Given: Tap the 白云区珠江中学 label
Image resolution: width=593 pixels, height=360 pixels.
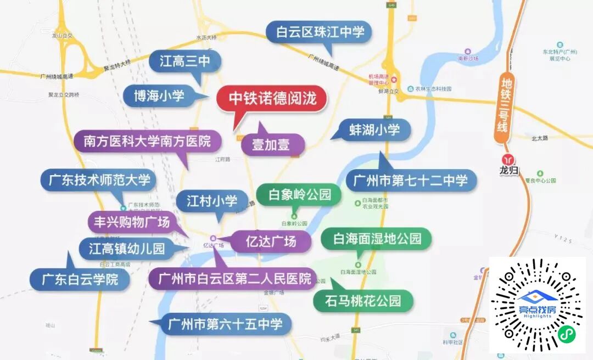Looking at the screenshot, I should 320,32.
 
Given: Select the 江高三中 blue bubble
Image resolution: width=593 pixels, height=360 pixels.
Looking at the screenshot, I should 185,61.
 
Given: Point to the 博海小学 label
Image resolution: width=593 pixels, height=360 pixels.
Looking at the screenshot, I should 159,96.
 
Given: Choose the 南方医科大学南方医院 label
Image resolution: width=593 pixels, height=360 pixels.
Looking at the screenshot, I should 147,141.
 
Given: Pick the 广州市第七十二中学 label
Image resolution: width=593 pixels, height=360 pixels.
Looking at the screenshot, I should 411,180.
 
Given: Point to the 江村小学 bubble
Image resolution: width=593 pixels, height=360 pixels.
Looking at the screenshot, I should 212,200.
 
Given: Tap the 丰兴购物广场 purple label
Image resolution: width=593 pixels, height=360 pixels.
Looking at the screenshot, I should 132,222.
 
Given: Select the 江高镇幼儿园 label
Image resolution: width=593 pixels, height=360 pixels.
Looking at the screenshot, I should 127,249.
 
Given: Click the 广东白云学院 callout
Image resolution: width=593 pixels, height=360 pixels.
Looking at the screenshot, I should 80,279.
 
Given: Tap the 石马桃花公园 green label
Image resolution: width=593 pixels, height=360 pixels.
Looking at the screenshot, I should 363,301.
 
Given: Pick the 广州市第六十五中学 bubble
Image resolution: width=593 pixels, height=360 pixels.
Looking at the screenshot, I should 226,324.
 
